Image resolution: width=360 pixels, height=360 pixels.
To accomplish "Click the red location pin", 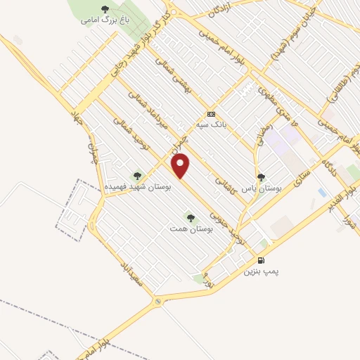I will pyautogui.click(x=181, y=166).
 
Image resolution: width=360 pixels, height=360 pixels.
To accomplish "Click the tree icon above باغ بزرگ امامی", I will pyautogui.click(x=105, y=9).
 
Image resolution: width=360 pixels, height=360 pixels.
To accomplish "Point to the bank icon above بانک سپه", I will pyautogui.click(x=211, y=114).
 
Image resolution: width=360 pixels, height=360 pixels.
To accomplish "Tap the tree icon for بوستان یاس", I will pyautogui.click(x=262, y=178).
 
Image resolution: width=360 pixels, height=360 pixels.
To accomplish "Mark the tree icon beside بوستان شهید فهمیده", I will pyautogui.click(x=136, y=176).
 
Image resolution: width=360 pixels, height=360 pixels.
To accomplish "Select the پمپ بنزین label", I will pyautogui.click(x=262, y=271).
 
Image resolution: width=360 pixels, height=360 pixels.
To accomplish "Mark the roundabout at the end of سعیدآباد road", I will pyautogui.click(x=158, y=302).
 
